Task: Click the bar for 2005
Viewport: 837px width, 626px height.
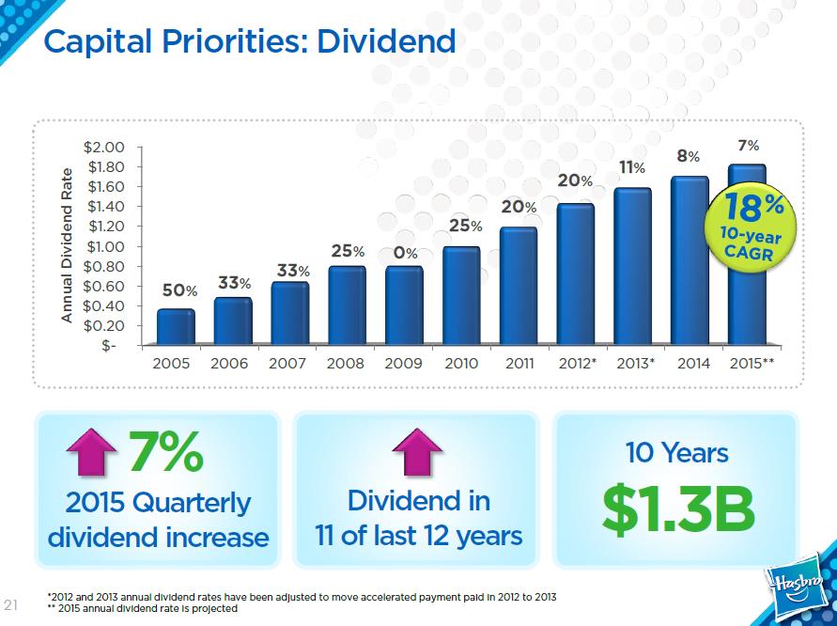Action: [176, 327]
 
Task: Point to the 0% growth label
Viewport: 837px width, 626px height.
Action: [406, 253]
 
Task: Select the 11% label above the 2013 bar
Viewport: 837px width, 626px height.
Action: [631, 167]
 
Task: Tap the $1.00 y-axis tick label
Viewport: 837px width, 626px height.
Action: [105, 246]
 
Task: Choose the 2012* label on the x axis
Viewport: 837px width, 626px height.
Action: [577, 363]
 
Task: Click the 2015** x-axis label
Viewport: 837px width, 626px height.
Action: [752, 363]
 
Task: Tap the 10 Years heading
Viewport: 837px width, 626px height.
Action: [677, 452]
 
